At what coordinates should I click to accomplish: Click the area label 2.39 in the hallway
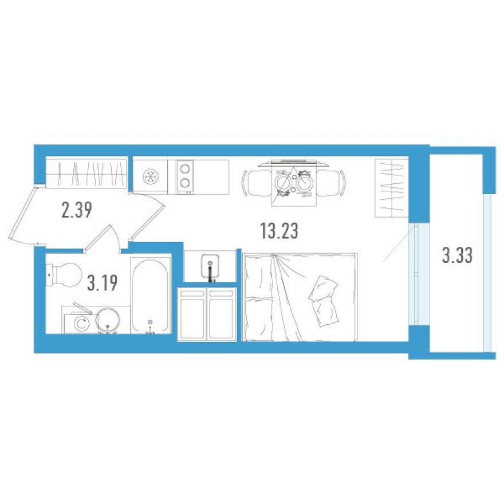77,211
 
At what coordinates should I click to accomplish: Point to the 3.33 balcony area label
457,255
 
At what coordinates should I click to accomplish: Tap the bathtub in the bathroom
151,295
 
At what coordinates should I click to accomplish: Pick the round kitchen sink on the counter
151,177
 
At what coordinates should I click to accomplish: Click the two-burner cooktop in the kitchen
186,176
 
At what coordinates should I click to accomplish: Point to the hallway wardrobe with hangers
86,172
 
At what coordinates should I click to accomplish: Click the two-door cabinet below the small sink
207,314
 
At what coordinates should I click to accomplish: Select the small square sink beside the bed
210,266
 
